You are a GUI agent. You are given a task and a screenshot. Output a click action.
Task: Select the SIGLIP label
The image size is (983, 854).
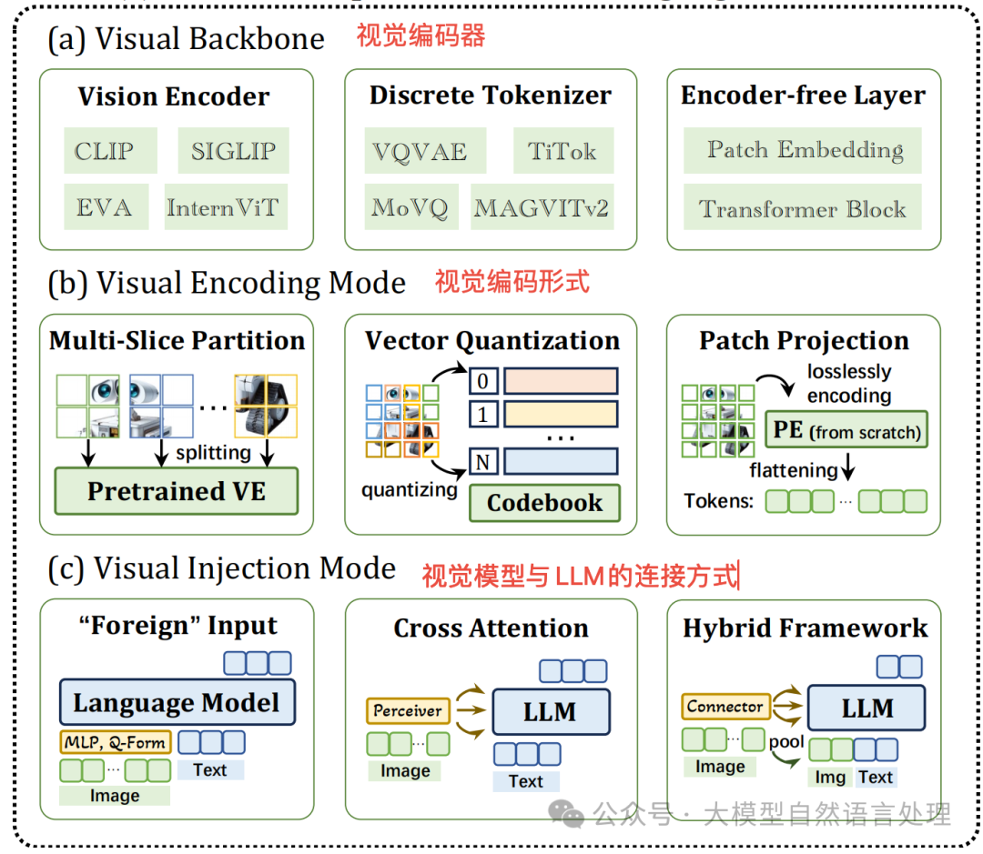tap(233, 150)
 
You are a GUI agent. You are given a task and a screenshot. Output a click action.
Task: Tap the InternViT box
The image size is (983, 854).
tap(222, 207)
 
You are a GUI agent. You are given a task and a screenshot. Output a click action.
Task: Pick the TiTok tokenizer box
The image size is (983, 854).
tap(562, 150)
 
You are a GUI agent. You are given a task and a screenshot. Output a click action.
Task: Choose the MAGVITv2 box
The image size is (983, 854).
tap(541, 207)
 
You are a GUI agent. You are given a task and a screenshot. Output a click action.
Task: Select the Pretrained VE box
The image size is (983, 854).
tap(177, 491)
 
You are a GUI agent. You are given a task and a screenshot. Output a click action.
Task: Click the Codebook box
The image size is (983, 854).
tap(544, 503)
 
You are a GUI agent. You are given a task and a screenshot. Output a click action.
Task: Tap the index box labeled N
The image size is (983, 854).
tap(483, 462)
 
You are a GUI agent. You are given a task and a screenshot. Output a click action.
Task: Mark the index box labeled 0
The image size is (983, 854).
tap(483, 379)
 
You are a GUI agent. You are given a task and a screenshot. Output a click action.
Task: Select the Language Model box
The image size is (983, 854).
tap(177, 702)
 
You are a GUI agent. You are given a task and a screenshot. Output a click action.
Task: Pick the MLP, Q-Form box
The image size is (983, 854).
tap(116, 742)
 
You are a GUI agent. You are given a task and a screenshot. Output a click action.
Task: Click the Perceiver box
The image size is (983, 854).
tap(408, 710)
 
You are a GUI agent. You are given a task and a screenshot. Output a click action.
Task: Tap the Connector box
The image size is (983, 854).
tap(725, 706)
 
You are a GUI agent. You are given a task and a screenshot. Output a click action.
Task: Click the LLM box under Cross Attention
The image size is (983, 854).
tap(550, 711)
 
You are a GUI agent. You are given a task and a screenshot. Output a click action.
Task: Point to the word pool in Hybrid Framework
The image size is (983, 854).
tap(786, 741)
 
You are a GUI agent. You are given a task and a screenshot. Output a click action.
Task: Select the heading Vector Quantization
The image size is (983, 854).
tap(492, 341)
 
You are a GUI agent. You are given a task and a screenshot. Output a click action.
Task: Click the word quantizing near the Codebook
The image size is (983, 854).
tap(409, 490)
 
